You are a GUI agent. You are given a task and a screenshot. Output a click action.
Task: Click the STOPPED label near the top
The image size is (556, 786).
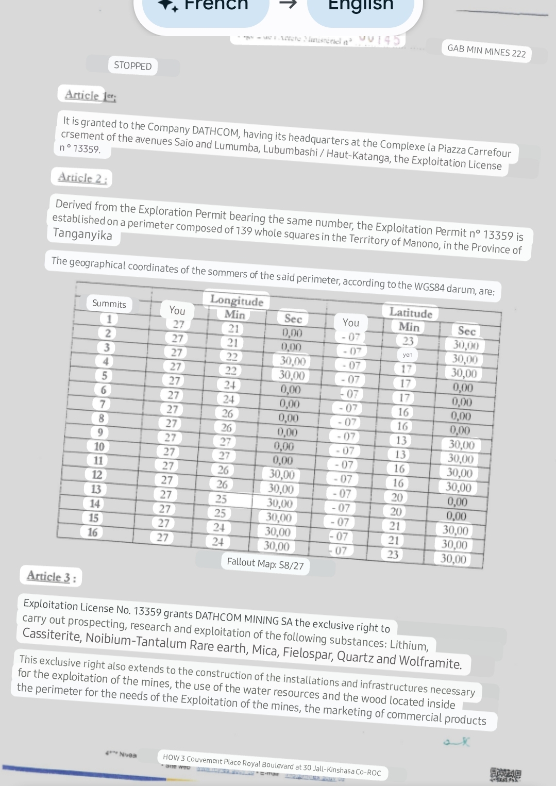click(x=133, y=66)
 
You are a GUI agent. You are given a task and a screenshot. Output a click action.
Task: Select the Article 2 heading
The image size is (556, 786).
click(x=82, y=178)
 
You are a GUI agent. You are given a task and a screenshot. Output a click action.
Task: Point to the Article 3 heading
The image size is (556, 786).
click(x=51, y=576)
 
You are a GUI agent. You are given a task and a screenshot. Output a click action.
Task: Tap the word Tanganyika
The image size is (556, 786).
click(x=82, y=235)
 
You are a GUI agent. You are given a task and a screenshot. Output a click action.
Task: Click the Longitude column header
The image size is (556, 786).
click(x=237, y=301)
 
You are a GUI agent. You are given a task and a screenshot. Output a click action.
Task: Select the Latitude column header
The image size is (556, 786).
click(x=410, y=313)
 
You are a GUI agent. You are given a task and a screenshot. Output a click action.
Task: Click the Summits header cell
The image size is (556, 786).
click(x=109, y=304)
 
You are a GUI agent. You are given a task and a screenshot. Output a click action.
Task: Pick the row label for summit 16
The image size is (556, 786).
click(x=92, y=532)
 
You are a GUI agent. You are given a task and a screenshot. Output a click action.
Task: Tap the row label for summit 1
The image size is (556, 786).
click(x=109, y=319)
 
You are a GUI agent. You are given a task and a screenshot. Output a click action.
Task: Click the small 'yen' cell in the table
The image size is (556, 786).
click(x=408, y=355)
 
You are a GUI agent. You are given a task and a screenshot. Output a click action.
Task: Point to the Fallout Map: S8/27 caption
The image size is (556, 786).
click(x=265, y=564)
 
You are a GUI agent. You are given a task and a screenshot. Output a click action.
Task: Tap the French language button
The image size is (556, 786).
click(x=206, y=6)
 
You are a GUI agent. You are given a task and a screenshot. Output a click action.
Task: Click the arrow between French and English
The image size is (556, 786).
click(x=289, y=4)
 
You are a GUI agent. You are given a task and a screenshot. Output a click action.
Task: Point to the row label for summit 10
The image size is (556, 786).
click(x=99, y=446)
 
